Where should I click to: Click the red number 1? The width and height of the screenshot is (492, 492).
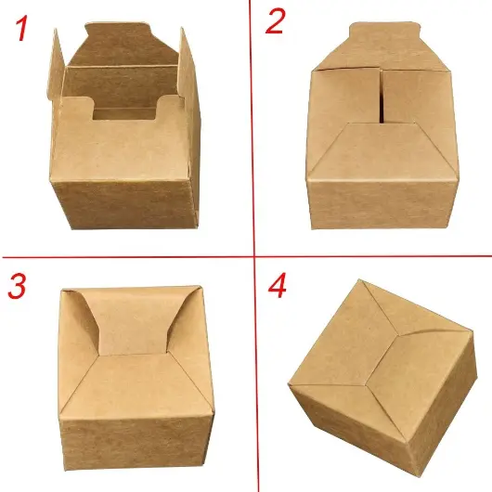pos(21,28)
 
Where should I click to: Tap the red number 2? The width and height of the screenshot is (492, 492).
pos(275,20)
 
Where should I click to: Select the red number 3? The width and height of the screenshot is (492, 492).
pos(17,286)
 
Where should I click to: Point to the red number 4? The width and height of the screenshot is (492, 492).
pos(278,285)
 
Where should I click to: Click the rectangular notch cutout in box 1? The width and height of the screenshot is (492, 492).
pos(124,113)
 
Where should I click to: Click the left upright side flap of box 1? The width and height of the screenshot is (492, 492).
pos(56,64)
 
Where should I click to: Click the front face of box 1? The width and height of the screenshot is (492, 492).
pos(125,204)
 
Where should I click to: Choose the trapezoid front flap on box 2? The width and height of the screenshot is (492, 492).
pos(382,150)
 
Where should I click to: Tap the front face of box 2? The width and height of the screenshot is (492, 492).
pos(382,204)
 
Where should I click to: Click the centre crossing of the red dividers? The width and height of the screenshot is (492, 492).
pos(254,257)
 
